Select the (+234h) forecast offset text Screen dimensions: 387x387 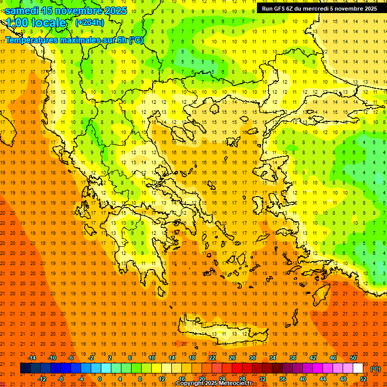tap(89, 22)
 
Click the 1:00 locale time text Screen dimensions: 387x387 tap(35, 23)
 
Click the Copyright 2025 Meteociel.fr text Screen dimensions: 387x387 tap(214, 383)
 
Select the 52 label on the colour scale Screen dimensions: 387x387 tap(363, 379)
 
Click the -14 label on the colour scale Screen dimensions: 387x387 tap(32, 358)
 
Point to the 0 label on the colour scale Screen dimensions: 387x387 tap(99, 379)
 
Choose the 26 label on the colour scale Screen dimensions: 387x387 tap(232, 358)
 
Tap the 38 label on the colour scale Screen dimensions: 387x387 tap(292, 358)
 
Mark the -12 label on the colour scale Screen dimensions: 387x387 tap(42, 379)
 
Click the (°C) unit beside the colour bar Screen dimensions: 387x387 tap(375, 369)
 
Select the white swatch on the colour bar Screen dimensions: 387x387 tap(358, 368)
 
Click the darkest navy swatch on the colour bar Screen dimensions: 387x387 tap(25, 368)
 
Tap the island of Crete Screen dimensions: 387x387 tap(222, 330)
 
